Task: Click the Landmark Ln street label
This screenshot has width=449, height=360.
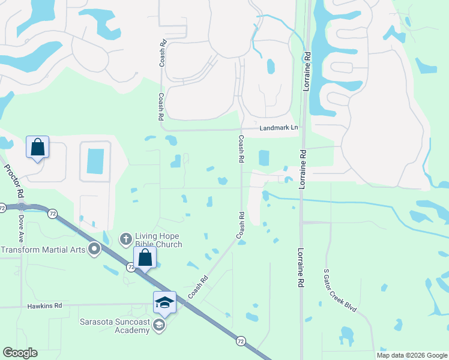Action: (279, 128)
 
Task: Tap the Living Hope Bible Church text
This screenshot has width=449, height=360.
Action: (158, 240)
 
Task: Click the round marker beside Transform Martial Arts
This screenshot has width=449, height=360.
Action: (94, 249)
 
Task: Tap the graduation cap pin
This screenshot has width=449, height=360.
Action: (164, 302)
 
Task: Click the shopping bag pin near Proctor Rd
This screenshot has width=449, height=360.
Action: (37, 147)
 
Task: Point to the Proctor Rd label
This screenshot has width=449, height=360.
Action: (14, 181)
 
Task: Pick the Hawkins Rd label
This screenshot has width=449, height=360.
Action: (44, 305)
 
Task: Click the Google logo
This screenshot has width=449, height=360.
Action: (20, 353)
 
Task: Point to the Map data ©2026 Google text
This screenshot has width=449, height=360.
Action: (412, 355)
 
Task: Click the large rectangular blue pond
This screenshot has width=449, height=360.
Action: (95, 161)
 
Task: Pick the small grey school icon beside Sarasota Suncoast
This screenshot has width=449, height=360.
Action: (159, 325)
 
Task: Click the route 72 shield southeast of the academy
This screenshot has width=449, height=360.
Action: (240, 340)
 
